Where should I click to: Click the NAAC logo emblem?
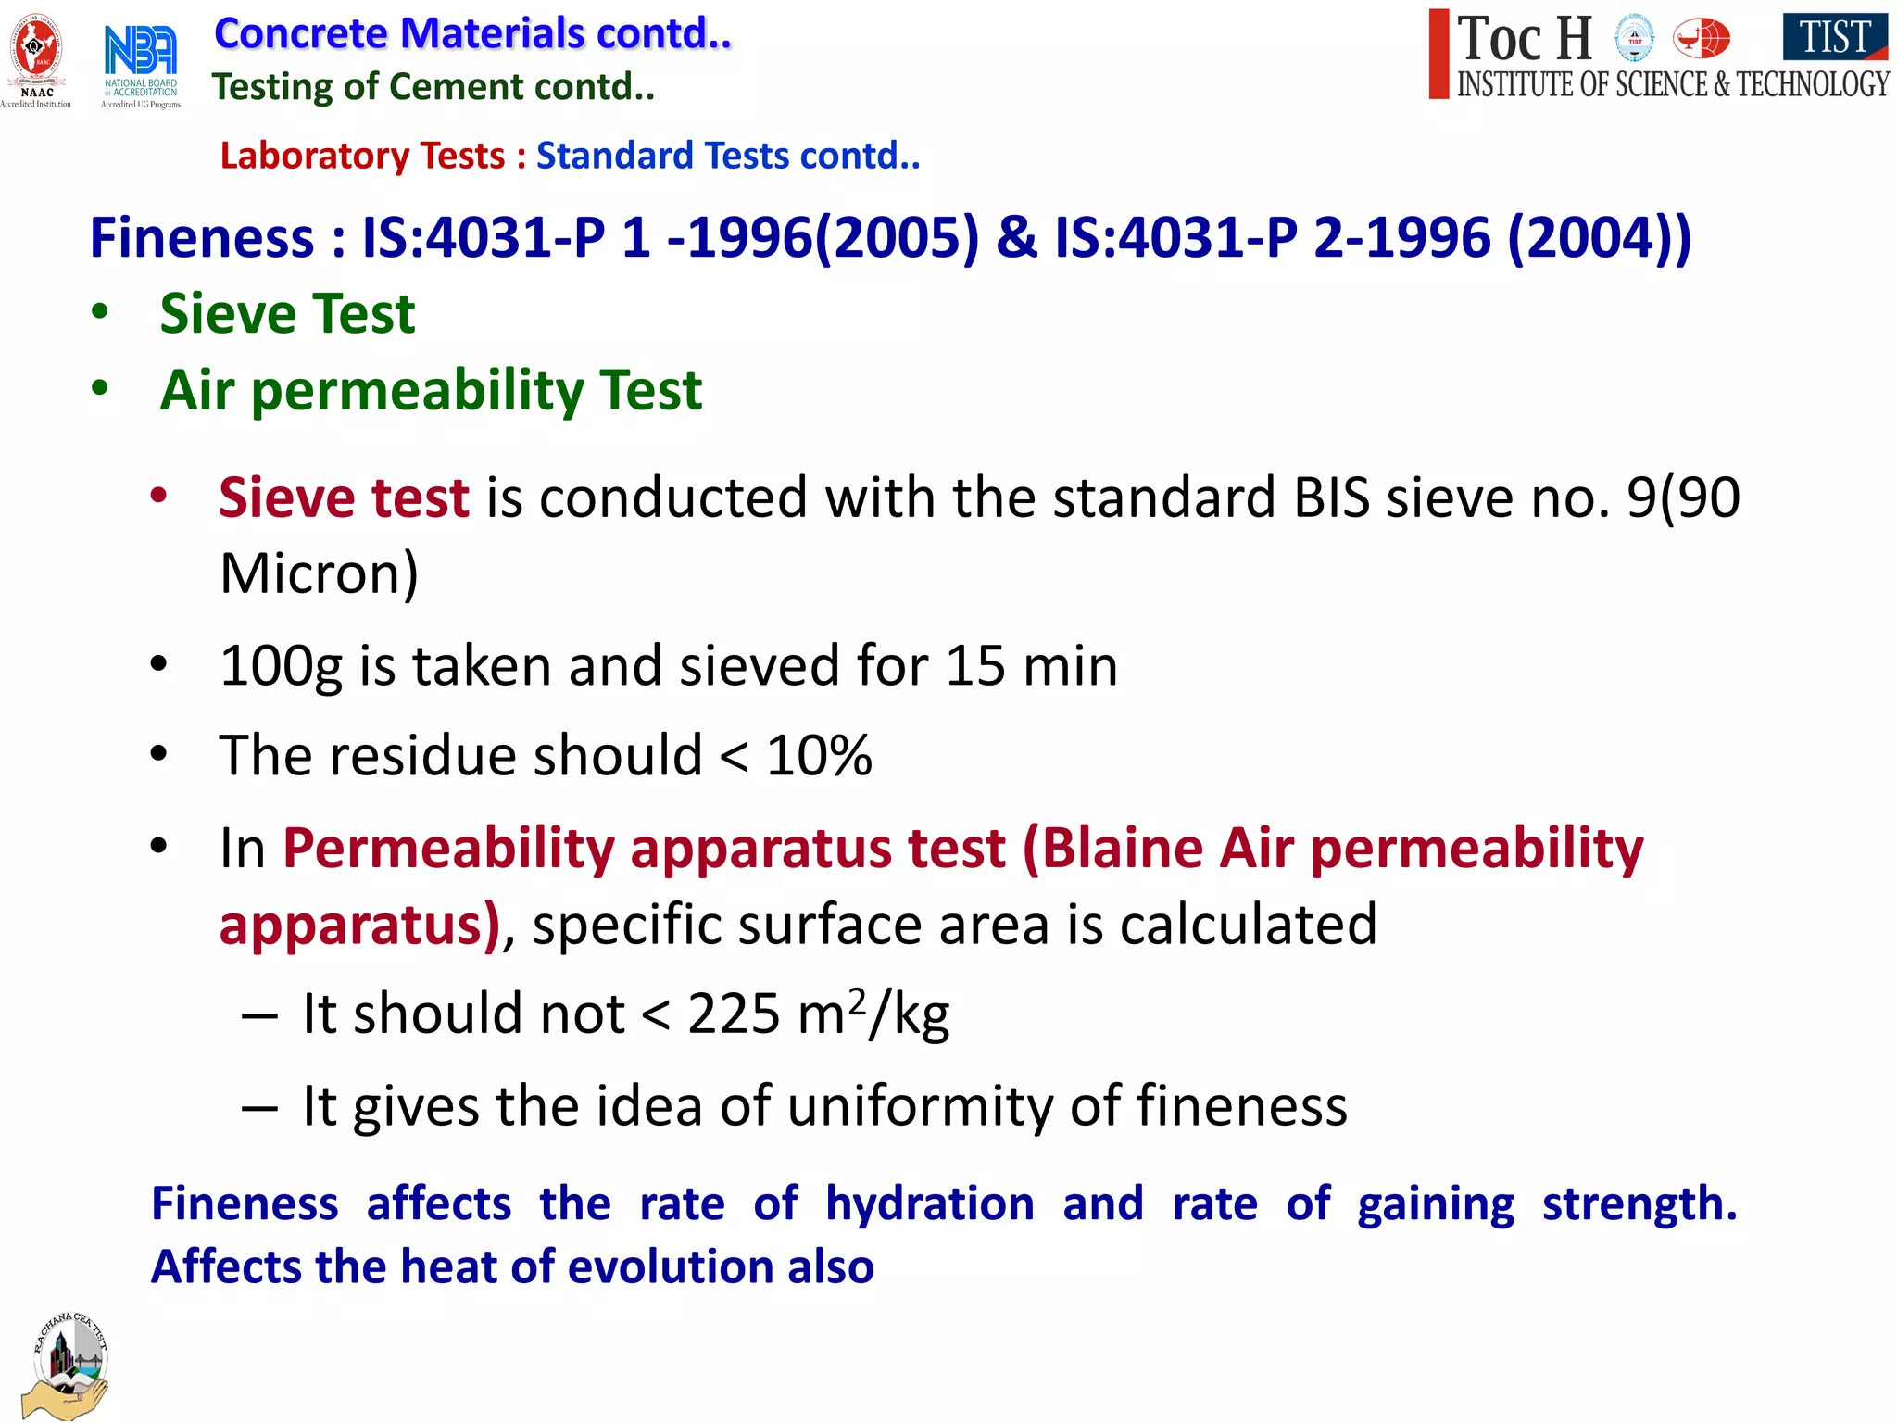(36, 52)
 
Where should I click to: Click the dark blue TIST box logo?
(1834, 36)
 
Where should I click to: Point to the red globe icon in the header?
(1701, 39)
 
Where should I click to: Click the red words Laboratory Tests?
(362, 156)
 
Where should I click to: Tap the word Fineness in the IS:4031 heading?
(202, 237)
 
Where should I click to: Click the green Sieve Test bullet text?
(287, 313)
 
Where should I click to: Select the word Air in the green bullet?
(196, 389)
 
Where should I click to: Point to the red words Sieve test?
(344, 497)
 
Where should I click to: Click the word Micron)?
(319, 573)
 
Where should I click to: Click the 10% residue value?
(819, 755)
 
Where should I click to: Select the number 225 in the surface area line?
(733, 1014)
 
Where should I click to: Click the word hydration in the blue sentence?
(929, 1203)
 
